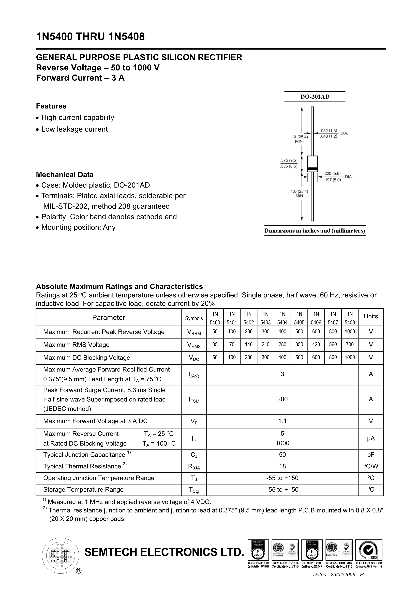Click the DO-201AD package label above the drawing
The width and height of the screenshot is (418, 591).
tap(315, 97)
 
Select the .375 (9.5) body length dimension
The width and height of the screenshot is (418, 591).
tap(289, 160)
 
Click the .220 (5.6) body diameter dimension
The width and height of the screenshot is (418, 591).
tap(332, 174)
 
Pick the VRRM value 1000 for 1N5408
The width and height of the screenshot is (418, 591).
tap(350, 332)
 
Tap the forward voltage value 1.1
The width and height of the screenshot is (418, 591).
tap(282, 421)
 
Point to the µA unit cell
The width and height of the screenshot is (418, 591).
tap(371, 438)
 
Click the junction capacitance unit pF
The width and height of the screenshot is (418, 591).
tap(371, 455)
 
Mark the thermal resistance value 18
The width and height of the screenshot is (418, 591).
tap(282, 466)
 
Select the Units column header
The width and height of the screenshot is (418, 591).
tap(371, 316)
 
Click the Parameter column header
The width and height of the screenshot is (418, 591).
tap(108, 318)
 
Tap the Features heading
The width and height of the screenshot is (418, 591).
tap(51, 106)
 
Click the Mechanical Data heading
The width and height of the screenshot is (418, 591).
tap(65, 175)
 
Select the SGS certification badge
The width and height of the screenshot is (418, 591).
tap(369, 550)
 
